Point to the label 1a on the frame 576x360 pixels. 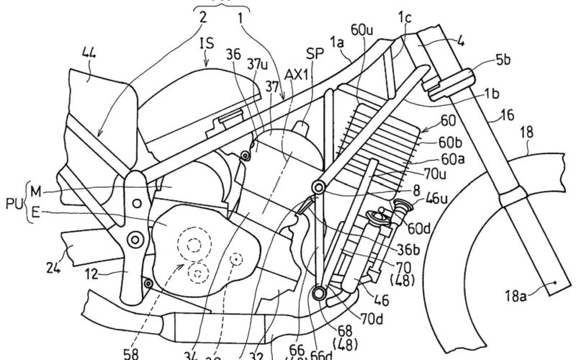[333, 48]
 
